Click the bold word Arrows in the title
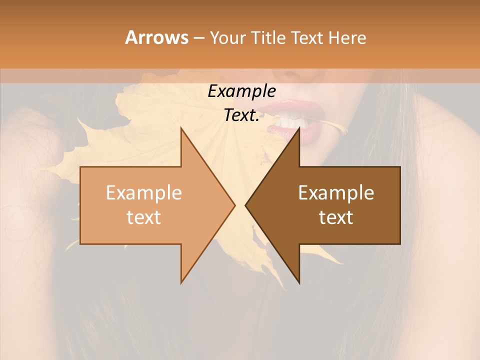point(156,37)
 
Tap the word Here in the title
point(347,37)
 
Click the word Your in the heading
point(228,37)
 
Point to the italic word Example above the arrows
point(241,91)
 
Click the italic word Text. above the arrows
point(241,115)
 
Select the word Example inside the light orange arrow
point(144,193)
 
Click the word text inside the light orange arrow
point(144,217)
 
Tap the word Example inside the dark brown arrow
point(336,193)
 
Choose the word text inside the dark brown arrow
point(336,217)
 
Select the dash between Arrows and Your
point(199,38)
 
